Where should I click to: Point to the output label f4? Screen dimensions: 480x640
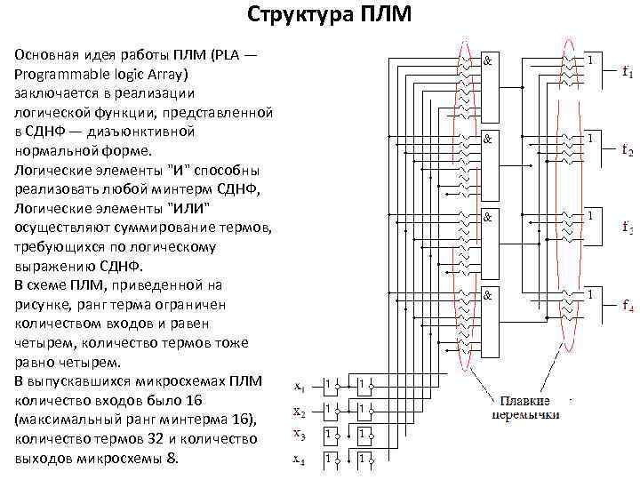tap(628, 308)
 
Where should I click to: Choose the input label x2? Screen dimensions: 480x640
tap(300, 413)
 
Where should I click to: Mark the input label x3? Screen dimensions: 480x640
tap(300, 436)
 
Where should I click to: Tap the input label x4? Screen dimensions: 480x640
tap(300, 460)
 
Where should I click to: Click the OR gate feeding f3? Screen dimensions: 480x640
tap(590, 216)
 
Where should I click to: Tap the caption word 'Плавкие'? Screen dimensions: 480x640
tap(525, 400)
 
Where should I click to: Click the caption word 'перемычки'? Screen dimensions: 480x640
tap(527, 414)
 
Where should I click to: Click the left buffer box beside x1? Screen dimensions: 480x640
tap(330, 384)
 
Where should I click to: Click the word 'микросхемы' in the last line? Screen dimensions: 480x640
tap(116, 459)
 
